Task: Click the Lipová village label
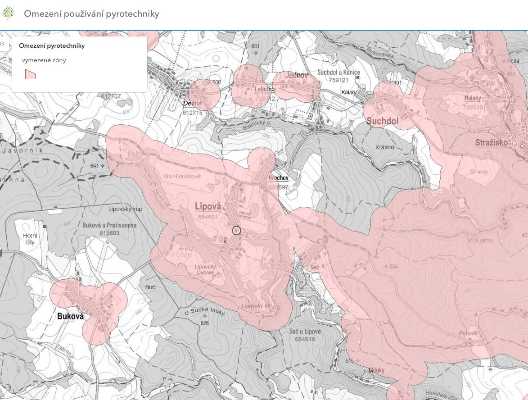coord(208,206)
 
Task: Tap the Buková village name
coord(71,316)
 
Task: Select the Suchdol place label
coord(383,121)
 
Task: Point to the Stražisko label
coord(492,143)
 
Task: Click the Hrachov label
coord(278,178)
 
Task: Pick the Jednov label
coord(296,76)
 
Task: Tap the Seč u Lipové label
coord(305,332)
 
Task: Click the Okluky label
coord(376,370)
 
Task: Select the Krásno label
coord(385,147)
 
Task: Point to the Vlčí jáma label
coord(480,240)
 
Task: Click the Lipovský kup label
coord(125,209)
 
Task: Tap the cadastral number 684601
coord(208,217)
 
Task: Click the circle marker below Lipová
coord(236,231)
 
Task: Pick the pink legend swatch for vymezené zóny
coord(30,74)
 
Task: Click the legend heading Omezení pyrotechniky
coord(52,45)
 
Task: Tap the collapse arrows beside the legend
coord(3,44)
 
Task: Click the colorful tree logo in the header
coord(8,14)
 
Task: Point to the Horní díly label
coord(30,239)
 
